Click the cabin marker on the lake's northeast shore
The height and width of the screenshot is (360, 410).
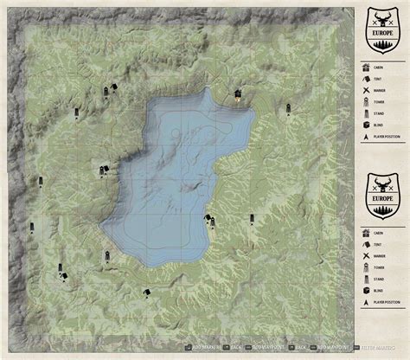coord(237,94)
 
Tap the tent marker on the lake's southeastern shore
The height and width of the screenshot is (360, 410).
coord(210,221)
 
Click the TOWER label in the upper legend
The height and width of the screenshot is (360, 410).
coord(377,100)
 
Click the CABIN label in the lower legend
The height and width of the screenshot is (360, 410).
coord(377,233)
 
